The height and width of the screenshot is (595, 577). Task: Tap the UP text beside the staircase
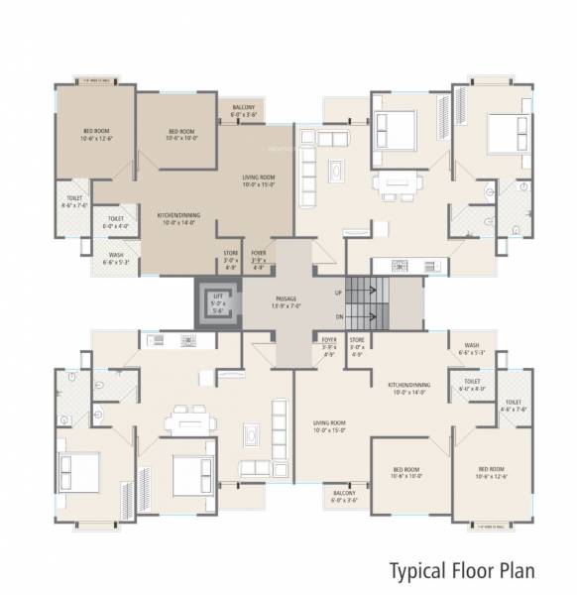click(x=338, y=293)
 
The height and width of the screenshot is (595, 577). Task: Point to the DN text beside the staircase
click(x=338, y=316)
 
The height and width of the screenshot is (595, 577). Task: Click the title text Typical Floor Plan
click(x=461, y=570)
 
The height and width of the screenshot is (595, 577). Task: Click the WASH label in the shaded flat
click(x=116, y=255)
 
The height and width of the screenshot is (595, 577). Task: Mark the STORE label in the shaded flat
click(x=231, y=254)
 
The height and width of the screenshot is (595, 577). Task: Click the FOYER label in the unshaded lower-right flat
click(x=329, y=339)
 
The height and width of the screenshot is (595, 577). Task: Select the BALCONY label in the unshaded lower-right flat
click(x=344, y=492)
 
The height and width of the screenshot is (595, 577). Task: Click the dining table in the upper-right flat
click(x=398, y=182)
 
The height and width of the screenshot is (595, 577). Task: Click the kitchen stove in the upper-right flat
click(x=401, y=265)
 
